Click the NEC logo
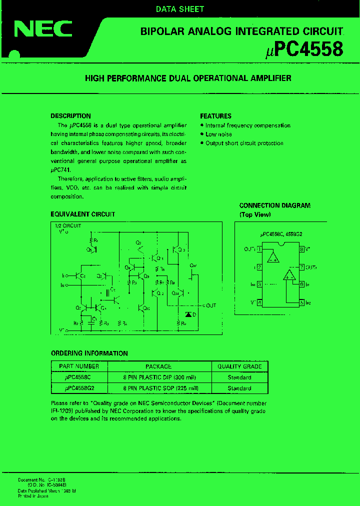(43, 30)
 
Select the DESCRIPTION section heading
(71, 116)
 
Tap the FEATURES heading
(215, 116)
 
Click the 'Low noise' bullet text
(218, 134)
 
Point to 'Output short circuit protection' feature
(244, 143)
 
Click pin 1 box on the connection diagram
(259, 248)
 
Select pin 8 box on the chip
(302, 248)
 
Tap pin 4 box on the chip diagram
(259, 302)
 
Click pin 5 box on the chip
(302, 302)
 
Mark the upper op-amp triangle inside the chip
(273, 257)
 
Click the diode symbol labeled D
(188, 314)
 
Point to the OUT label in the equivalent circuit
(210, 305)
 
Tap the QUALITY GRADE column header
(239, 366)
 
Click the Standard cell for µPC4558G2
(239, 388)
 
